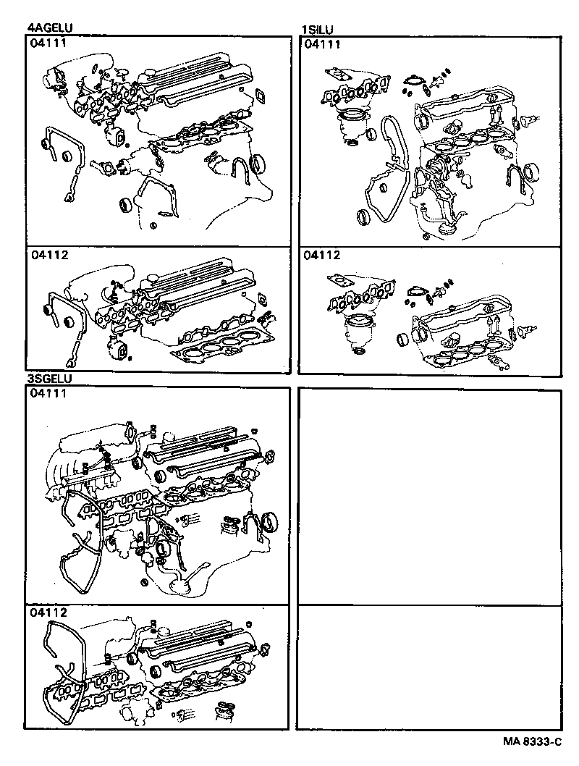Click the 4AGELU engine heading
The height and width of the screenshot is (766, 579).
click(49, 28)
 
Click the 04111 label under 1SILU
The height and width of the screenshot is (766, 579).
click(322, 44)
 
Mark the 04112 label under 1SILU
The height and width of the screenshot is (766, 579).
click(322, 256)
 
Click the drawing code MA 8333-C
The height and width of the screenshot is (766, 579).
click(533, 742)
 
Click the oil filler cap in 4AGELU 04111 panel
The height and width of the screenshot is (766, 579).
click(145, 74)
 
